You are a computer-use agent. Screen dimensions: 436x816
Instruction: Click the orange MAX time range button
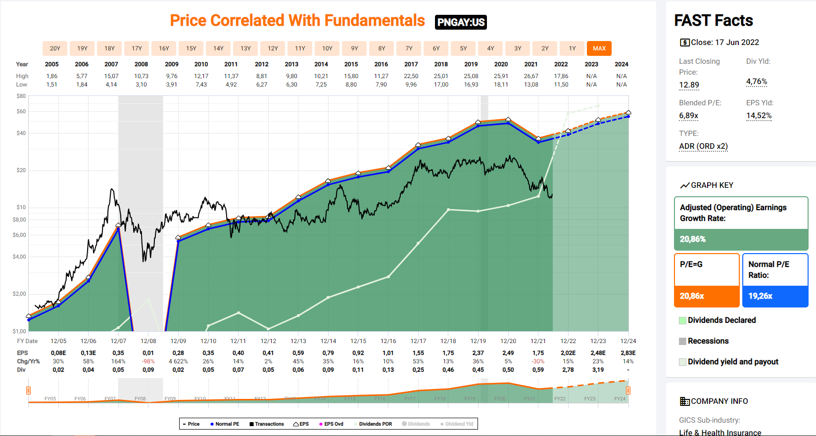599,48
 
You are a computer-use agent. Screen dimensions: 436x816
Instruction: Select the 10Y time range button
327,48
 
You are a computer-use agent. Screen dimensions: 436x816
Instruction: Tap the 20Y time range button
55,48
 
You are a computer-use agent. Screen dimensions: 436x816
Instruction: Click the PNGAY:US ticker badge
461,22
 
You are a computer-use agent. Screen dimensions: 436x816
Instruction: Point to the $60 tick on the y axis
21,111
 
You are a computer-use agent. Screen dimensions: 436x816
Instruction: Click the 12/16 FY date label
388,341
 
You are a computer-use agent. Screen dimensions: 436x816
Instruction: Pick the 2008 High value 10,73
141,76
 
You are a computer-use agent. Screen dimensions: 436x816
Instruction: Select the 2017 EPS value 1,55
418,353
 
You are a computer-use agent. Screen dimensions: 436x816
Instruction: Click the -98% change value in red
148,361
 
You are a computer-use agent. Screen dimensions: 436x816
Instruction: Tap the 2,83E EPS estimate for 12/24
628,353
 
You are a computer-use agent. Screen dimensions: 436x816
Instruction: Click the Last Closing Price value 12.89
689,85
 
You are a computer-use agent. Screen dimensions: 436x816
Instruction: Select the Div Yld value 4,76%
757,82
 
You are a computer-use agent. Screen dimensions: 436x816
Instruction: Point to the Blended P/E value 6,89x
688,116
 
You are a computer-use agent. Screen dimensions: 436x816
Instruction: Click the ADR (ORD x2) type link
703,146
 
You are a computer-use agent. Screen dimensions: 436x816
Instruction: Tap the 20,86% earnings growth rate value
693,239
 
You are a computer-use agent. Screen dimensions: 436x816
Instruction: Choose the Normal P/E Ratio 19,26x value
761,296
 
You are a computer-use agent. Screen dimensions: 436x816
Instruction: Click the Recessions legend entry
708,341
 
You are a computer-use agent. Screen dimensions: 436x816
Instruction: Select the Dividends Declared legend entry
721,320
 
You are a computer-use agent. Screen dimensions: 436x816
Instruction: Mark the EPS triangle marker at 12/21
538,138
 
